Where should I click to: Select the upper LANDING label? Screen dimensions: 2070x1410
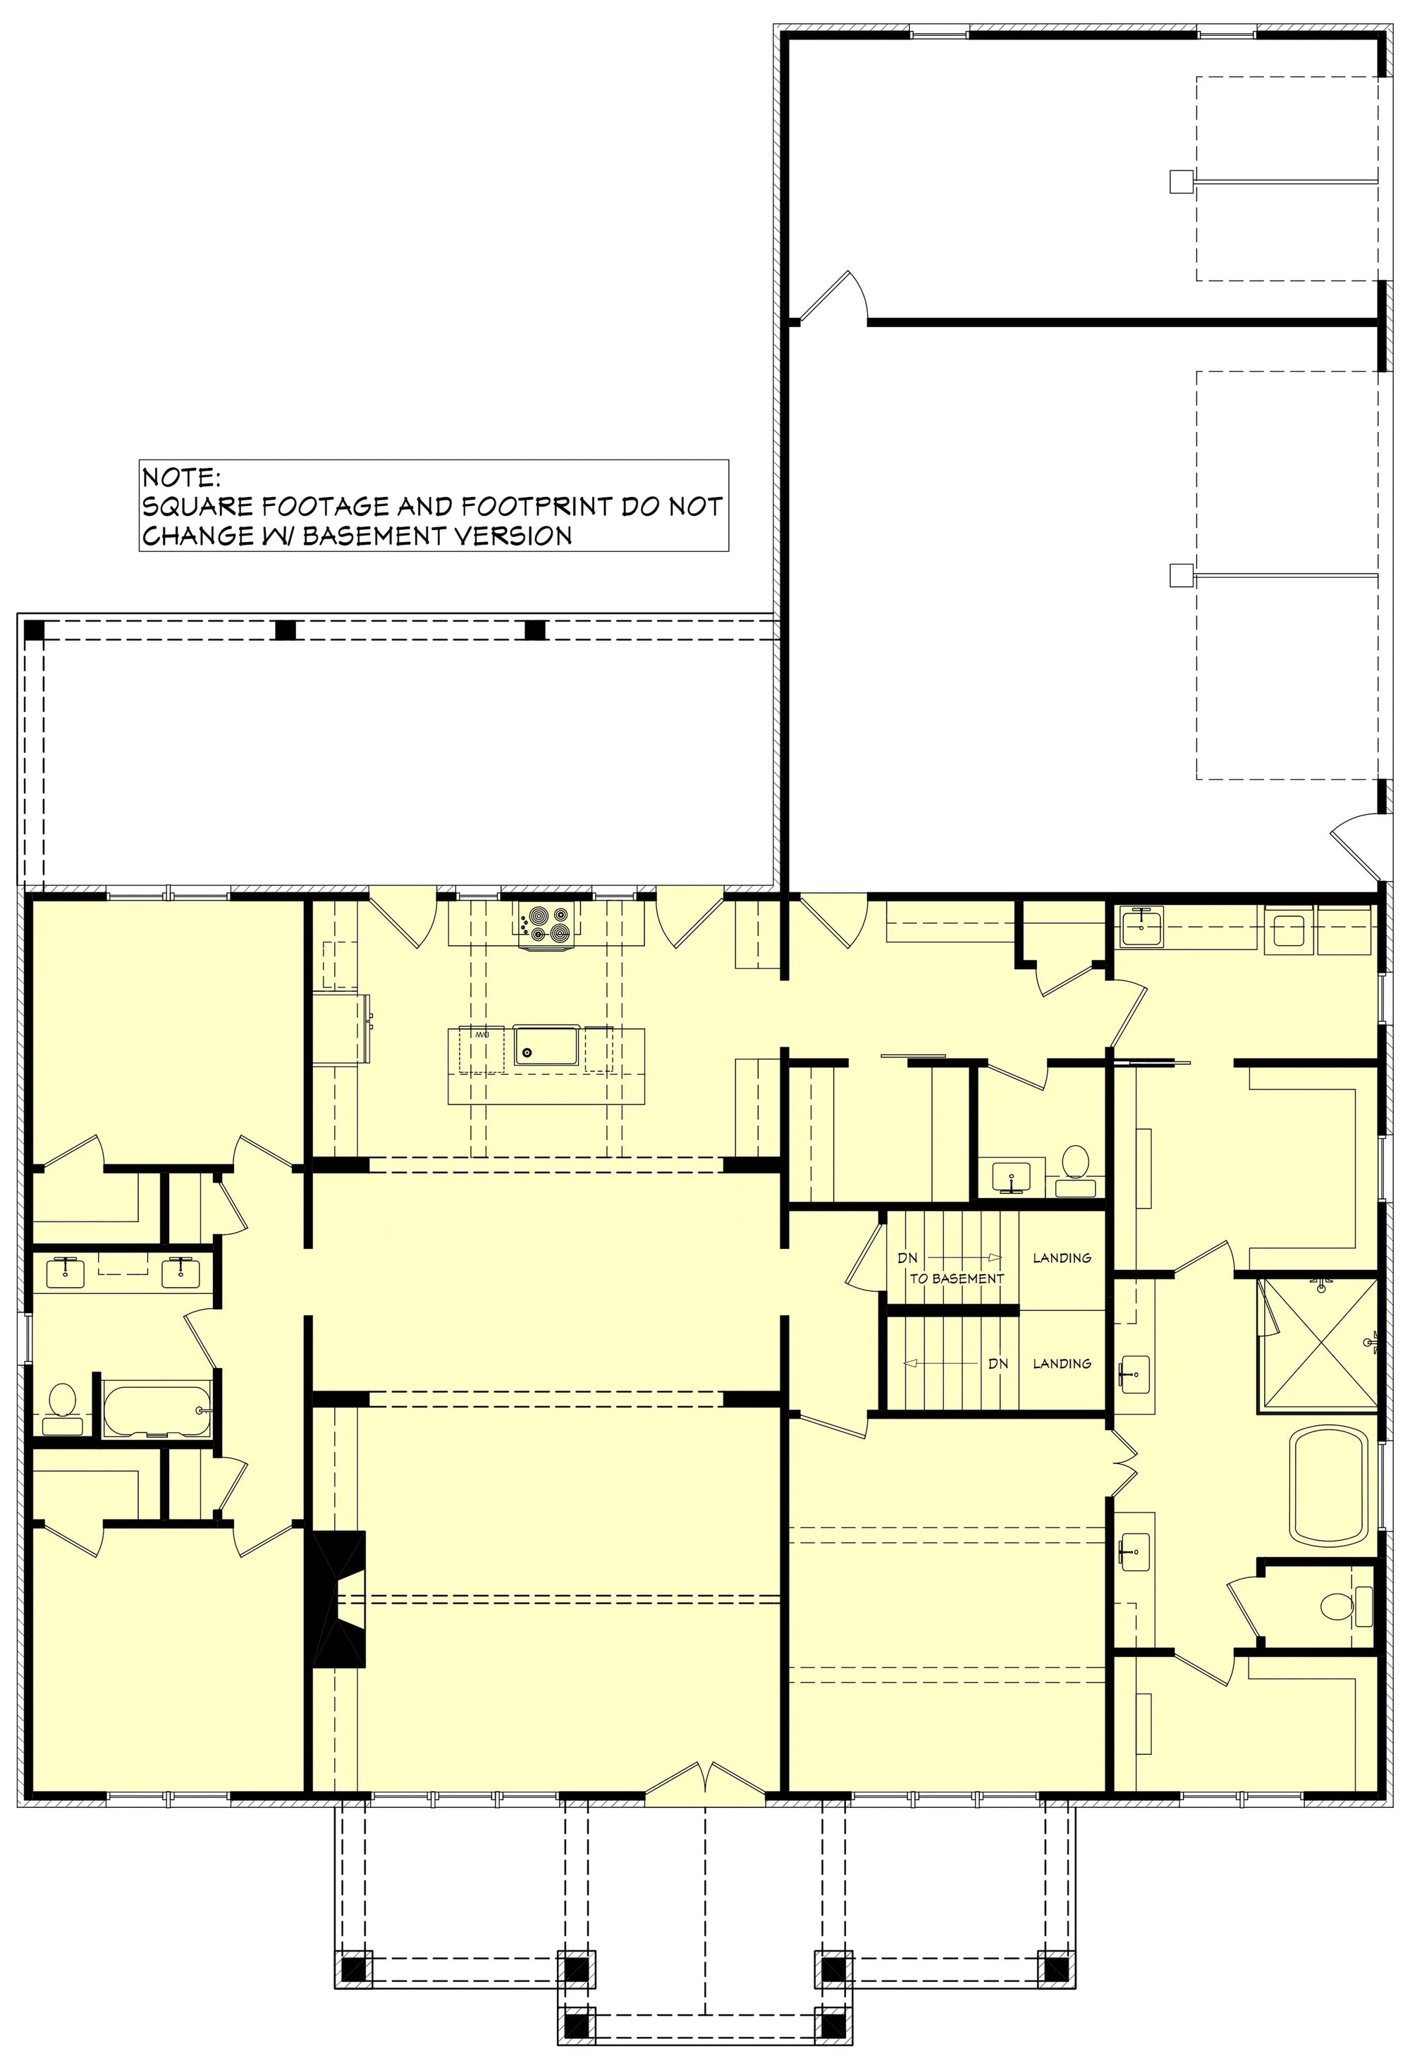1062,1257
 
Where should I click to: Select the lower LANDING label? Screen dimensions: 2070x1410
1062,1363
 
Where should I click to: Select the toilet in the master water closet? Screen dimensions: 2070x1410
1337,1608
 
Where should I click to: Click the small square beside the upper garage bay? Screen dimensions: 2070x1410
1180,182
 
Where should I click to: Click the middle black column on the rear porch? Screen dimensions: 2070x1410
285,629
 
